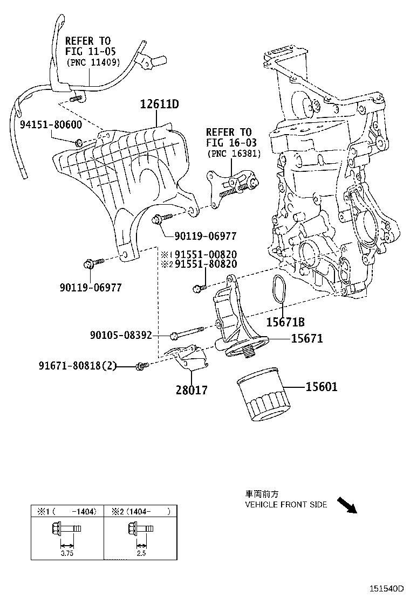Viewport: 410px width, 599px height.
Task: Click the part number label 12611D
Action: [x=160, y=104]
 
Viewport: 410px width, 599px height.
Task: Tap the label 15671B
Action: [x=285, y=322]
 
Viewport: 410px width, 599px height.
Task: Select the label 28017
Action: [x=192, y=389]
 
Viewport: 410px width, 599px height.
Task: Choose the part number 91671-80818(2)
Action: [x=77, y=366]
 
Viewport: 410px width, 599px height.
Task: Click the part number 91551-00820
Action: [x=206, y=254]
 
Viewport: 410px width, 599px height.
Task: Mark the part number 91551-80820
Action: [x=206, y=264]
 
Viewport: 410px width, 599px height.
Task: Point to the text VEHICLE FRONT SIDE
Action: [x=286, y=505]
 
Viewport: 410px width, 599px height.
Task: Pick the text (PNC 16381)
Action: [x=234, y=154]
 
